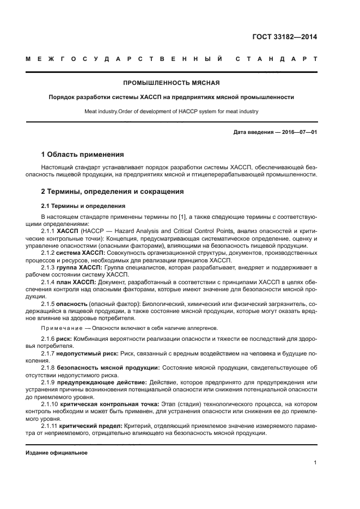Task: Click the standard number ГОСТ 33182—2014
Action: (285, 37)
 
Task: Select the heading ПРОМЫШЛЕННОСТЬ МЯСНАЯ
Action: (171, 83)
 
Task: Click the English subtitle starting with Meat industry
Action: (171, 111)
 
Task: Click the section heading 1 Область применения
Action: (82, 155)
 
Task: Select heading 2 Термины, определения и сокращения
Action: (113, 192)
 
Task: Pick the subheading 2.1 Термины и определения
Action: (83, 206)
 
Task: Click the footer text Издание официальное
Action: (57, 452)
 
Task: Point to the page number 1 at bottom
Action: (315, 463)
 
